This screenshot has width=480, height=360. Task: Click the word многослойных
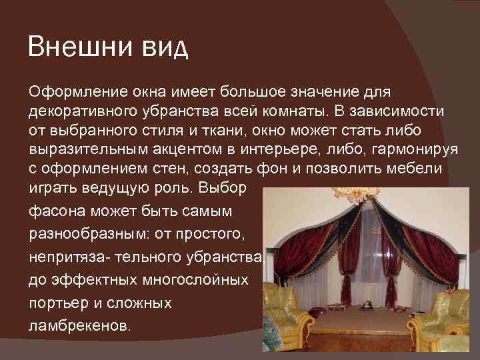tap(181, 278)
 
